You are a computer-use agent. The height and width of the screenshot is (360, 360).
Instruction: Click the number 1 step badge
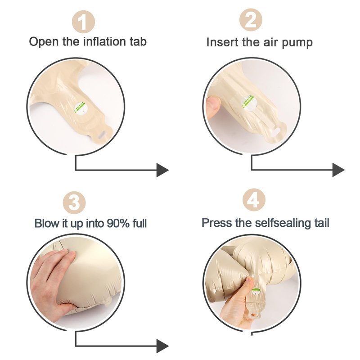[x=83, y=22]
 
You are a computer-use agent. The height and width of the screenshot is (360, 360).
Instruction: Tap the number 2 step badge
[x=251, y=20]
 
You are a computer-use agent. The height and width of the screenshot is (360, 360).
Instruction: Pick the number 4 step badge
[x=254, y=200]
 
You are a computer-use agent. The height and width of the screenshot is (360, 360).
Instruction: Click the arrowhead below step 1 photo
[x=162, y=170]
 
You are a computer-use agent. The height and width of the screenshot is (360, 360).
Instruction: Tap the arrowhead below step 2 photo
[x=339, y=170]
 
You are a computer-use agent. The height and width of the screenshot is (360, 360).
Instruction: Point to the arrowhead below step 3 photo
[x=162, y=346]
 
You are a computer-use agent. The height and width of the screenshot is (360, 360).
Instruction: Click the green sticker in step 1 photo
[x=81, y=108]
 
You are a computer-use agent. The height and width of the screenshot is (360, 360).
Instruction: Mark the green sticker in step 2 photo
[x=248, y=103]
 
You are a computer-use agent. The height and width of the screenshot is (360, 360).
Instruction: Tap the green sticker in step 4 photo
[x=256, y=292]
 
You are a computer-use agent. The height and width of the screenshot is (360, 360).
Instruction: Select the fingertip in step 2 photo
[x=213, y=105]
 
